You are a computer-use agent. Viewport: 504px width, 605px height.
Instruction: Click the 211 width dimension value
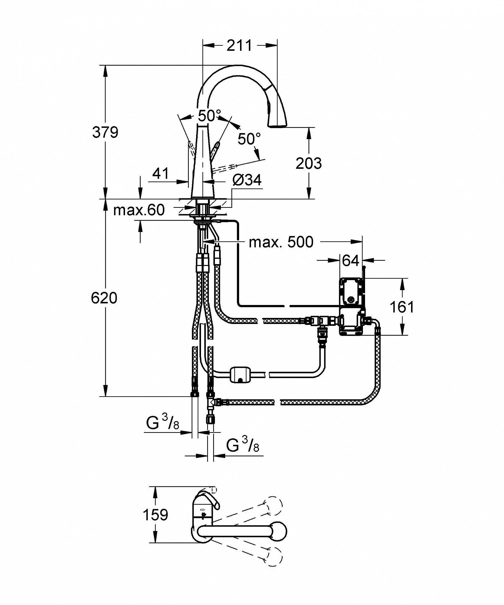coord(239,46)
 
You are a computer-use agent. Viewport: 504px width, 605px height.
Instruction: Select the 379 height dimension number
coord(105,132)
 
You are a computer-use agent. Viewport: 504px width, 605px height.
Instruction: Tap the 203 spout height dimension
coord(309,163)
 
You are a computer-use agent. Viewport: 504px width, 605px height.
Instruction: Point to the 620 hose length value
coord(104,298)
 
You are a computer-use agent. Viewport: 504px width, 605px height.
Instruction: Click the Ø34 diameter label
coord(247,180)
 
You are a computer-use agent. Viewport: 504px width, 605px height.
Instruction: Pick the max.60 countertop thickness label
coord(139,210)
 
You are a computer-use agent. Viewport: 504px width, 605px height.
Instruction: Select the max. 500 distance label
coord(281,242)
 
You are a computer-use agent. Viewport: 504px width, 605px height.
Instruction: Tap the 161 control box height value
coord(402,307)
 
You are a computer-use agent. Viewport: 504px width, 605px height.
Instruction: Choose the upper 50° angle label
coord(210,115)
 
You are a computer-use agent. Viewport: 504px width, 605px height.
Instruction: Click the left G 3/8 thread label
coord(163,423)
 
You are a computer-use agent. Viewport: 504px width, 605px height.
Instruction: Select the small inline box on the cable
coord(240,375)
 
